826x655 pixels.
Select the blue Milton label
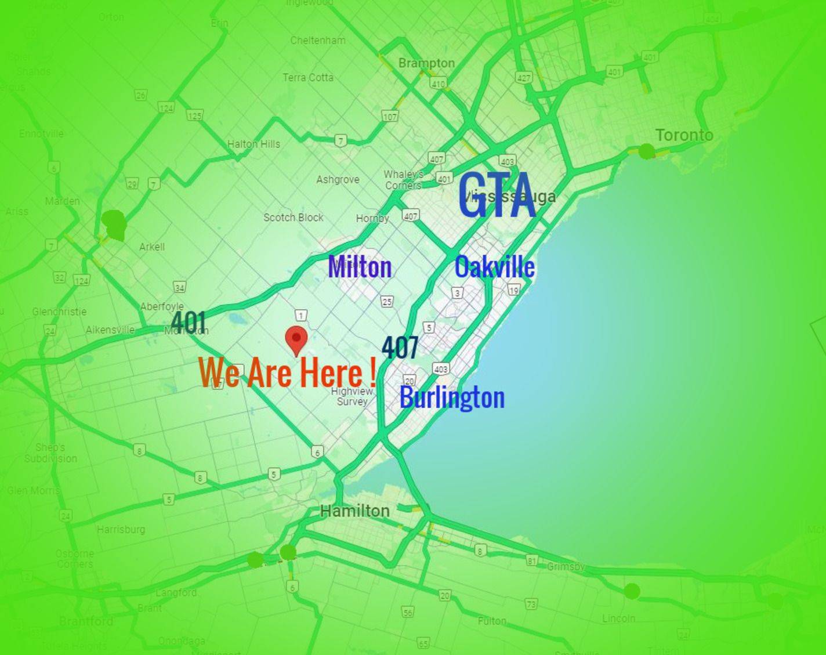360,267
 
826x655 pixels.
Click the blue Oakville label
494,267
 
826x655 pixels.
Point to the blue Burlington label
452,398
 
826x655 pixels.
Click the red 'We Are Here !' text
287,372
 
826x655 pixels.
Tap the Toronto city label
684,135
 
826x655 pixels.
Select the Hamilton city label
355,511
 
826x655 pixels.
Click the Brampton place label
426,63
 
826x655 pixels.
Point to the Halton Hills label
253,144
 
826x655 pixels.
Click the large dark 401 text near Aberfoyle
189,321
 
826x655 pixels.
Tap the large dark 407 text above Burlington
400,348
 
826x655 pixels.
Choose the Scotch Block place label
294,218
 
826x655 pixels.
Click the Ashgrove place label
338,180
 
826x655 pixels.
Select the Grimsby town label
566,566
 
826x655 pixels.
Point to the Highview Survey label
352,396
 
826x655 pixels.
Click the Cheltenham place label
318,41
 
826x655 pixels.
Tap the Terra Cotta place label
308,77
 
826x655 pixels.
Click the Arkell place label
152,247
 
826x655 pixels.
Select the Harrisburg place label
121,529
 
